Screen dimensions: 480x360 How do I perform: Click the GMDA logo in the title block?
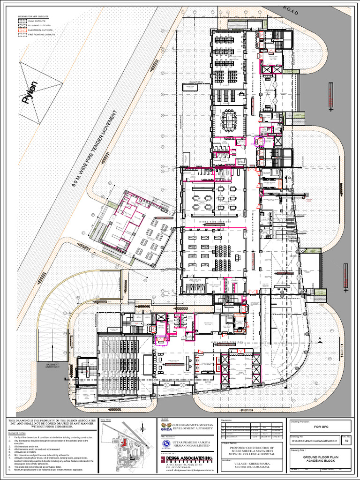pyautogui.click(x=166, y=427)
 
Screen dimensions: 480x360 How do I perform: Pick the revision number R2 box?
pyautogui.click(x=346, y=441)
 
